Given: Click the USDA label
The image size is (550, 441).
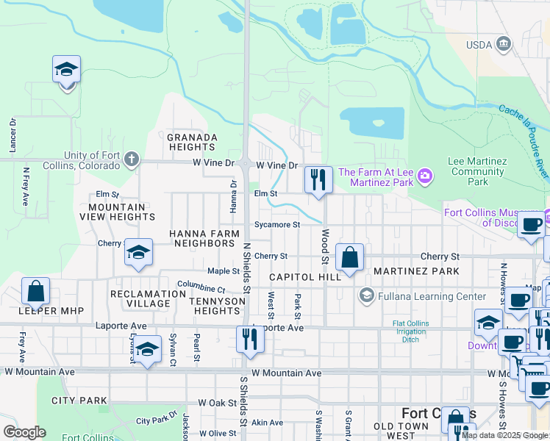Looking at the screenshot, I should [479, 45].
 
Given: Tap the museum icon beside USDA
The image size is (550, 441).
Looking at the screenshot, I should [504, 44].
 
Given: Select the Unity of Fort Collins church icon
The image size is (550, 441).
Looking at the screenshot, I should [131, 159].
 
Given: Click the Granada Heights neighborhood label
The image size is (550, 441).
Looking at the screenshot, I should [192, 142].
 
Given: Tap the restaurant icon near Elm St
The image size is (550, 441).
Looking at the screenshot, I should [318, 179].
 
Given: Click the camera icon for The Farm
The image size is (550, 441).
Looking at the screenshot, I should [424, 176].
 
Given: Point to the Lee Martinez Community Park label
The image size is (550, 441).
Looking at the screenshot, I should [478, 171].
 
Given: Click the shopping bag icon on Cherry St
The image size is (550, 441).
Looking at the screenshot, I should [350, 257].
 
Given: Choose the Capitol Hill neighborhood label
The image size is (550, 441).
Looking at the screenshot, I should [305, 277].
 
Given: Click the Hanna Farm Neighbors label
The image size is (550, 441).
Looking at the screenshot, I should [204, 237].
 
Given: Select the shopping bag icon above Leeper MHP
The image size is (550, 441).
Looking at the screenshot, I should [36, 291].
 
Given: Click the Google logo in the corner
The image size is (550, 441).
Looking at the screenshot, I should [24, 432].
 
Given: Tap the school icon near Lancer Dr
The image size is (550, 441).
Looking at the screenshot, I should [67, 71].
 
